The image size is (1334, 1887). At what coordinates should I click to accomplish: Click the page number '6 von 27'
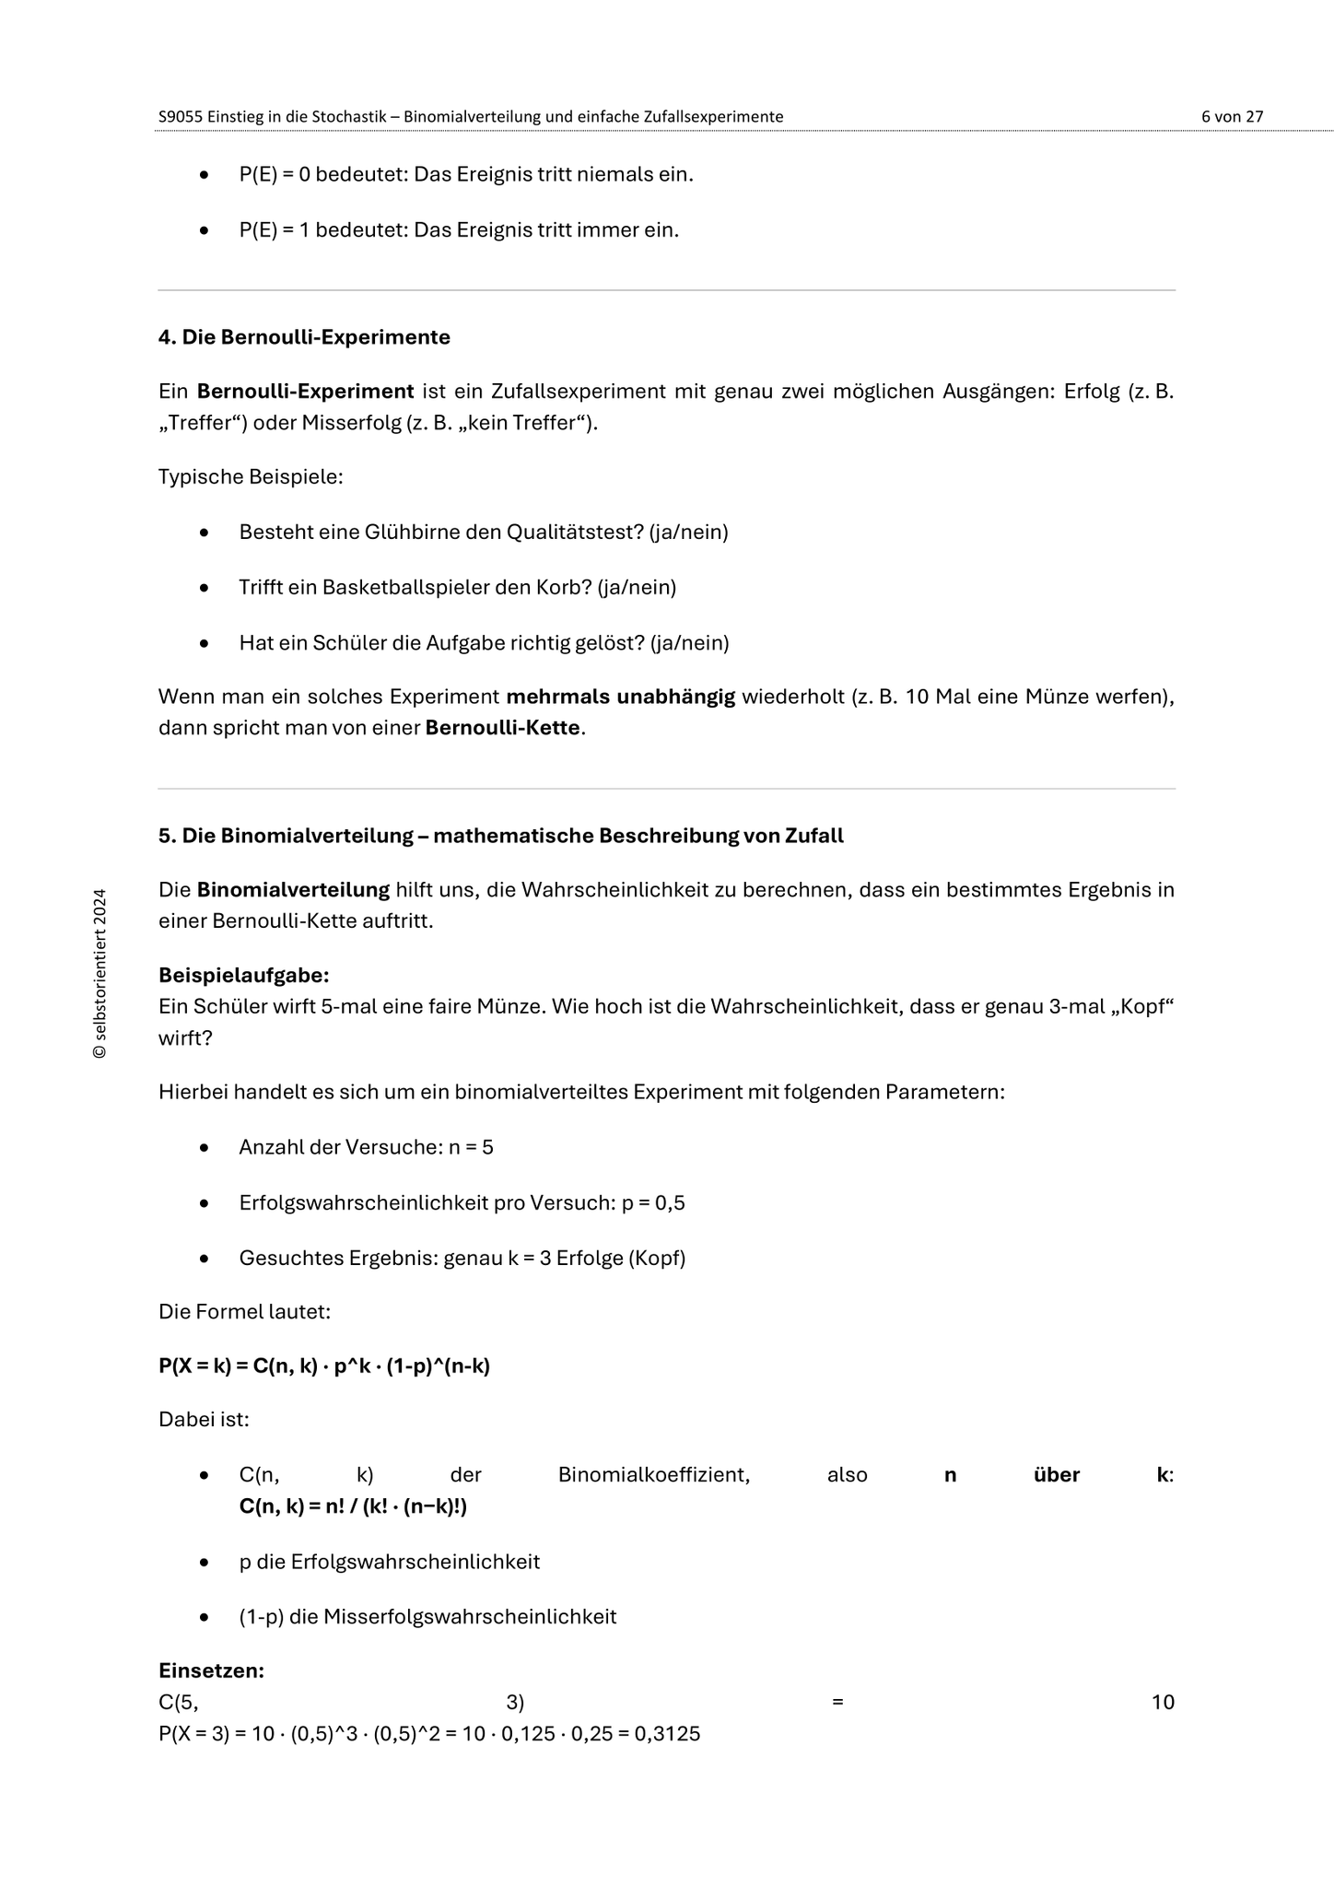(x=1232, y=117)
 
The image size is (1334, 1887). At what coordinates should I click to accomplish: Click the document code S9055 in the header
(x=181, y=117)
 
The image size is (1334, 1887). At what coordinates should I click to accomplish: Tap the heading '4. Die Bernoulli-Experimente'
(x=304, y=337)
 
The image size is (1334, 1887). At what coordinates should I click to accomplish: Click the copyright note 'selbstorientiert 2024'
(x=100, y=973)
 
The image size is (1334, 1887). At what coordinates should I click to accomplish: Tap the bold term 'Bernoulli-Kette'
(x=503, y=727)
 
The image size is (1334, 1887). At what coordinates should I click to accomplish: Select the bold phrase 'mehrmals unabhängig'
(x=621, y=696)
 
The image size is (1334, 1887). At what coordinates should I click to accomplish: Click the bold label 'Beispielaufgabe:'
(x=243, y=975)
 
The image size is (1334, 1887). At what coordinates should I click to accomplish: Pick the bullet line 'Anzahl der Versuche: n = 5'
(x=366, y=1147)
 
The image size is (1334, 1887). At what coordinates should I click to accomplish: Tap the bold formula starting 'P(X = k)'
(x=323, y=1365)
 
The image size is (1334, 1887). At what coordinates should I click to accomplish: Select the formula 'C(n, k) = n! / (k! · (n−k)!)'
(x=353, y=1506)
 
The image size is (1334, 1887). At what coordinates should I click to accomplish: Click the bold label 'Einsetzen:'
(x=211, y=1670)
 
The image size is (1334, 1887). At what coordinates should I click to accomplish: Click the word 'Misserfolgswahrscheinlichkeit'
(x=470, y=1616)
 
